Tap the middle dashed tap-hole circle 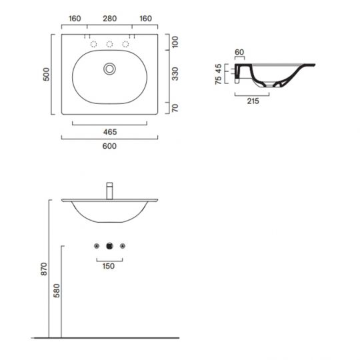tap(110, 44)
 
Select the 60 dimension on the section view tap(240, 51)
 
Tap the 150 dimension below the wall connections tap(110, 265)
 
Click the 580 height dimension tap(59, 291)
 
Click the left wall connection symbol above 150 tap(97, 245)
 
